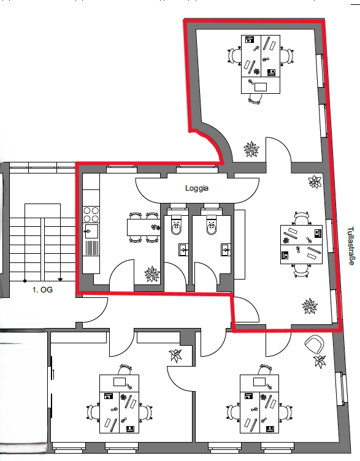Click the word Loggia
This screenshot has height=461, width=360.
pyautogui.click(x=197, y=188)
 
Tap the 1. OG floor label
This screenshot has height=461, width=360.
pyautogui.click(x=42, y=290)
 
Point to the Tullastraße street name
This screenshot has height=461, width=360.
pyautogui.click(x=351, y=245)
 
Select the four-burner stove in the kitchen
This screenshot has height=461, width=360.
pyautogui.click(x=91, y=215)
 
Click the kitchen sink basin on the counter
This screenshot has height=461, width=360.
pyautogui.click(x=91, y=231)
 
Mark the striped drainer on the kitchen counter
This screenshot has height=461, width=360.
pyautogui.click(x=92, y=248)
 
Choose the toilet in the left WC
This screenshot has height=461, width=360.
pyautogui.click(x=177, y=225)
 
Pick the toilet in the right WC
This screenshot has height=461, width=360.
pyautogui.click(x=212, y=225)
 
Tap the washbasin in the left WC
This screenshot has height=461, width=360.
pyautogui.click(x=183, y=250)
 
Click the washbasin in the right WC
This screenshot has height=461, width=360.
pyautogui.click(x=226, y=250)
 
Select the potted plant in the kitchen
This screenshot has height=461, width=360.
pyautogui.click(x=152, y=274)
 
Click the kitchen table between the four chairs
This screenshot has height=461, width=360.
pyautogui.click(x=144, y=227)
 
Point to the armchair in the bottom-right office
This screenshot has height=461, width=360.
pyautogui.click(x=315, y=345)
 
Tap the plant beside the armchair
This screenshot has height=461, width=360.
pyautogui.click(x=320, y=361)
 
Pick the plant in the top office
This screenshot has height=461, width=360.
pyautogui.click(x=251, y=150)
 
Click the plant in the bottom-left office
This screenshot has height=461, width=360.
pyautogui.click(x=175, y=356)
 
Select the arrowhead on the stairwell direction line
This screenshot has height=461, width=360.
pyautogui.click(x=60, y=280)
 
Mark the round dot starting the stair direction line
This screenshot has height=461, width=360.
pyautogui.click(x=25, y=281)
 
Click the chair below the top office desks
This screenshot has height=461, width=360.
pyautogui.click(x=255, y=99)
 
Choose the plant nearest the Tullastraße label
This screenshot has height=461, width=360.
pyautogui.click(x=315, y=181)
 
